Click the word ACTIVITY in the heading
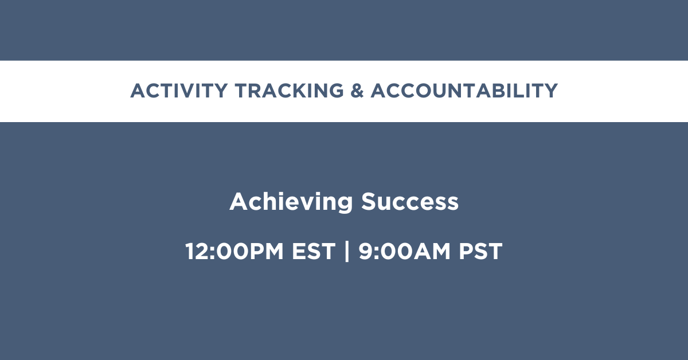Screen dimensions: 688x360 [x=179, y=91]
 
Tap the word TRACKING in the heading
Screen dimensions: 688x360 [x=290, y=91]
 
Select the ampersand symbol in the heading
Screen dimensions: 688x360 [x=357, y=91]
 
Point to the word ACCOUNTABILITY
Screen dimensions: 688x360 [x=464, y=91]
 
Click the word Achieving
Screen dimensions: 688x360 [x=291, y=202]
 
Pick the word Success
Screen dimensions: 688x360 [x=410, y=202]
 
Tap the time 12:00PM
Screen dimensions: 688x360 [x=234, y=251]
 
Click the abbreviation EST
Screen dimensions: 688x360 [x=313, y=251]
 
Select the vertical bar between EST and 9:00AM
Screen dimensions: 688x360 [x=347, y=251]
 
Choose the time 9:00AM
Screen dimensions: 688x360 [x=405, y=251]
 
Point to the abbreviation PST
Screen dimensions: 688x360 [x=480, y=251]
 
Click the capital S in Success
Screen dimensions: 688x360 [x=369, y=202]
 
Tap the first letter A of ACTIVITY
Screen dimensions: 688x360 [x=139, y=91]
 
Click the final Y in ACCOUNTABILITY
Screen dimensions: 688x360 [x=550, y=91]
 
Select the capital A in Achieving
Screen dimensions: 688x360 [x=239, y=202]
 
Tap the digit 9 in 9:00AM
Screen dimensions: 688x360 [x=366, y=251]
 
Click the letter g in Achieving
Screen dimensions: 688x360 [x=345, y=205]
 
